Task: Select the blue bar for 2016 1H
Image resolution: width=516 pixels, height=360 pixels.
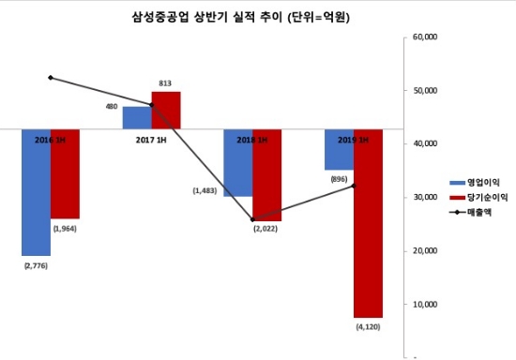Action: point(37,192)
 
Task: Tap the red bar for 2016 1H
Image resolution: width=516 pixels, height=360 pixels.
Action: point(66,173)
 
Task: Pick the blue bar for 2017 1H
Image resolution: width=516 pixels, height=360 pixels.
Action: point(137,118)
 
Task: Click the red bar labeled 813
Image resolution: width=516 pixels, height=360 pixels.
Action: point(166,111)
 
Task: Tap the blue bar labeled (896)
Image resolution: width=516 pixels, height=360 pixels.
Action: point(339,150)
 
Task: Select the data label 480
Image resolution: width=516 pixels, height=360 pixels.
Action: point(112,107)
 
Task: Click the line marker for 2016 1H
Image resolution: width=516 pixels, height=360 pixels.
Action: point(51,78)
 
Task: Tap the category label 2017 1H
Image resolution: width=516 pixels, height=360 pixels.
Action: point(152,140)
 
